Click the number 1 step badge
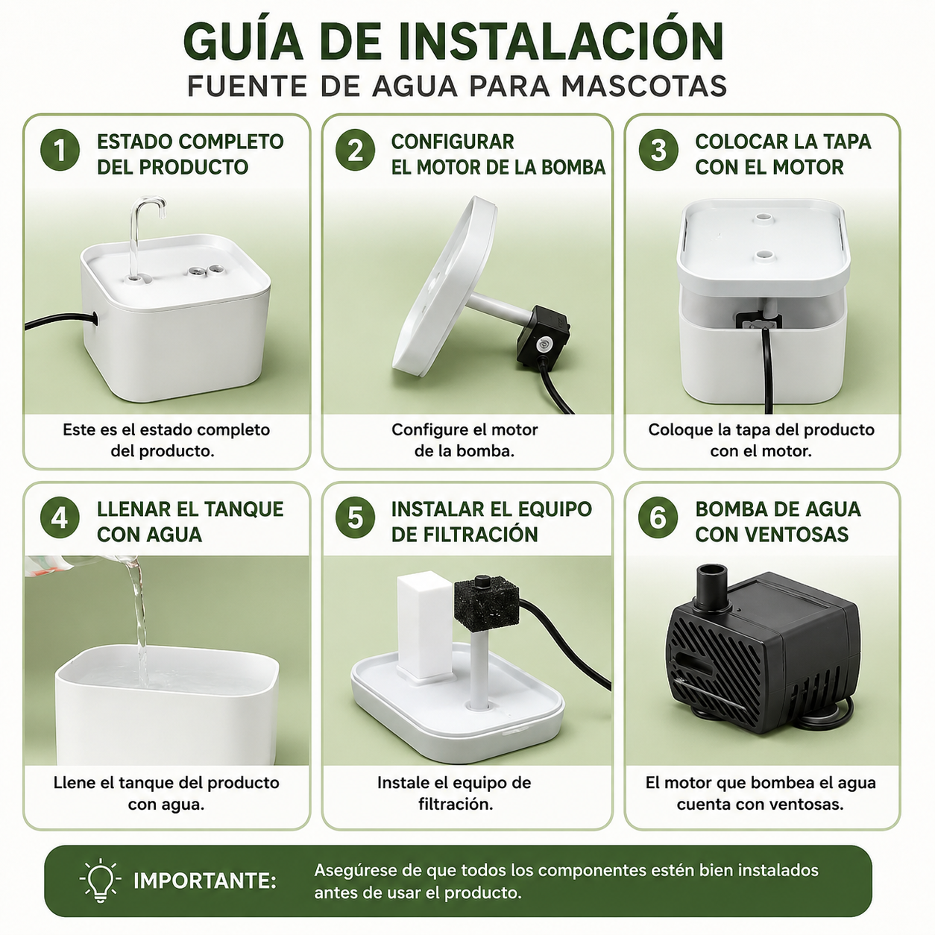click(60, 150)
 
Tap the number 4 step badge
click(60, 517)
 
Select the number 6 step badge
click(658, 517)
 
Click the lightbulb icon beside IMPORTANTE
click(100, 881)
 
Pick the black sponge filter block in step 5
click(486, 602)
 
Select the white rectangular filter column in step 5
click(424, 626)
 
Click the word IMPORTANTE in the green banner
click(204, 881)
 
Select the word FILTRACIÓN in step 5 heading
click(465, 534)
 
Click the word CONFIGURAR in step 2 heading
click(453, 142)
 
